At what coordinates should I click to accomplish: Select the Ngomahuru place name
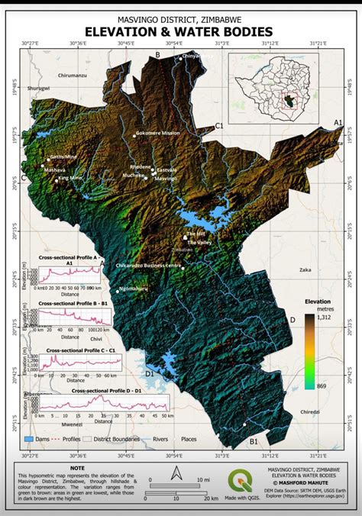[133, 288]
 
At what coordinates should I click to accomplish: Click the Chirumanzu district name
[73, 76]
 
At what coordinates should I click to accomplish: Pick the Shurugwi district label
[38, 89]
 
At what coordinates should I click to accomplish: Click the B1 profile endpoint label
[254, 441]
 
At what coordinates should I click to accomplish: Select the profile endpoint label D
[291, 319]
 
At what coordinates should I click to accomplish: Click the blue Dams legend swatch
[30, 440]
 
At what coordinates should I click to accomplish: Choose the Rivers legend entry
[160, 440]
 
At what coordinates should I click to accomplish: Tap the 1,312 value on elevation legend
[324, 316]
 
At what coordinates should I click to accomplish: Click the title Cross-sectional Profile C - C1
[80, 350]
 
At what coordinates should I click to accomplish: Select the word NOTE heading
[77, 467]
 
